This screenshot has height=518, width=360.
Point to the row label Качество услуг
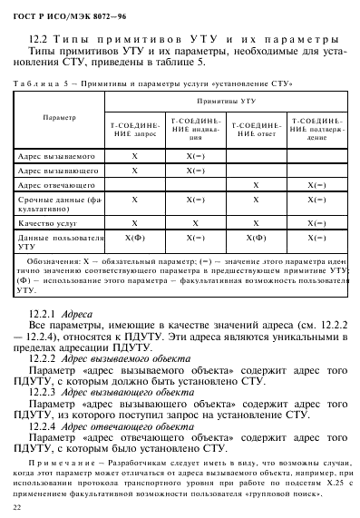point(48,221)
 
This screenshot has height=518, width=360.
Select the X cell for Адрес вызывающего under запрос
point(135,170)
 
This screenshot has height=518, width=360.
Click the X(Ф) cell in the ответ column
point(256,238)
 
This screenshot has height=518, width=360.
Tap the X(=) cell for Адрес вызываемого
point(195,155)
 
